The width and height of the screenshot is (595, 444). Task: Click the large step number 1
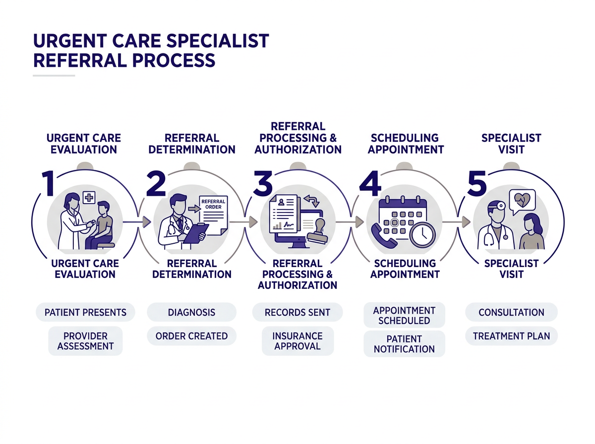click(48, 183)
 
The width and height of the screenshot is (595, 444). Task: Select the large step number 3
click(263, 183)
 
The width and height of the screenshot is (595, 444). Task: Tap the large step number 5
click(476, 183)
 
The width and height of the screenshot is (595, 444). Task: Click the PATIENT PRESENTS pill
click(85, 313)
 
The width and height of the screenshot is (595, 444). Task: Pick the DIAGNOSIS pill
click(191, 313)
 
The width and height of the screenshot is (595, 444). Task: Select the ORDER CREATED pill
click(191, 336)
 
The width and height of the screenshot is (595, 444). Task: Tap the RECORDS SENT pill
click(297, 313)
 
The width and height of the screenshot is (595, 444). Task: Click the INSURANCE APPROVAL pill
click(297, 341)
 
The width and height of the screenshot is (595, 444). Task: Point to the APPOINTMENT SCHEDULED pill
click(404, 315)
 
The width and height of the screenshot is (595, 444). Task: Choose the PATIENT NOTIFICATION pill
click(404, 344)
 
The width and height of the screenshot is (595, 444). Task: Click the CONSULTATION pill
click(511, 313)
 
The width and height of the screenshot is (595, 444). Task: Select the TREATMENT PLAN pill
click(511, 336)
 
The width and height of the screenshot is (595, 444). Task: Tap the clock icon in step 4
click(422, 233)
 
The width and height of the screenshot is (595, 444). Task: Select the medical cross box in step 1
click(89, 198)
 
